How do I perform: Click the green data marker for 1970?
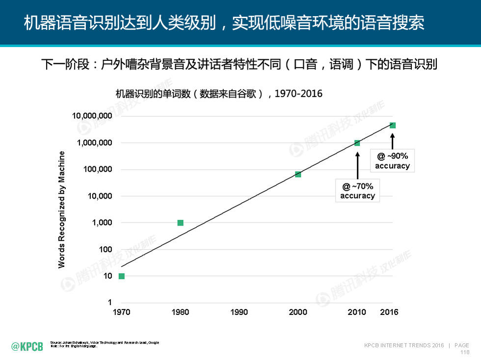(122, 276)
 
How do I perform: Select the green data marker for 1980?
(180, 223)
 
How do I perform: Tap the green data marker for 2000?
(298, 174)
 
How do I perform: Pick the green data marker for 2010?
(357, 143)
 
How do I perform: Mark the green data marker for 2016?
(392, 125)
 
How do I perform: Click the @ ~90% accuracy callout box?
(392, 161)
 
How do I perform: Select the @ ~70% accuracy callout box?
(357, 191)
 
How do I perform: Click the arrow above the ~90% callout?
(392, 139)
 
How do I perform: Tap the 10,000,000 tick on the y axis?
(92, 116)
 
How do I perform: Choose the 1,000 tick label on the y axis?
(102, 223)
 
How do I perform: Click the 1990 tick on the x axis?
(239, 312)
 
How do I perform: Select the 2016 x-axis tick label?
(389, 312)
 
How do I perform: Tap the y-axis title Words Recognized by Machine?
(62, 210)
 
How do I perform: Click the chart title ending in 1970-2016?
(219, 94)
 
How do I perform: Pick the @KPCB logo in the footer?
(27, 347)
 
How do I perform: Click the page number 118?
(464, 352)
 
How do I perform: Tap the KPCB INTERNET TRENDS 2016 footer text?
(404, 345)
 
